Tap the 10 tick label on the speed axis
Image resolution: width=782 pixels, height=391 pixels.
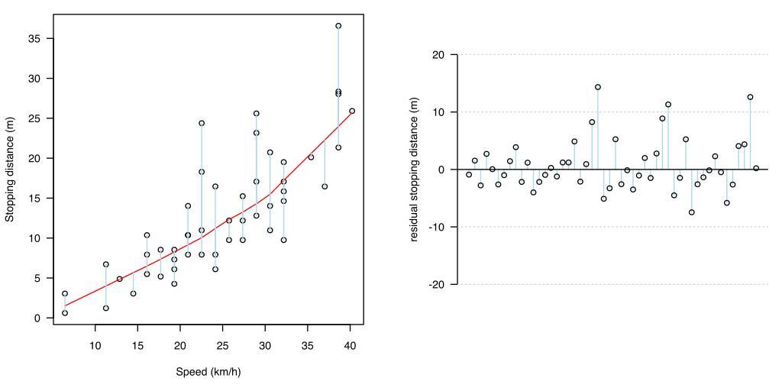pyautogui.click(x=95, y=346)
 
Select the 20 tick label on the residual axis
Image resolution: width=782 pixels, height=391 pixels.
pyautogui.click(x=438, y=55)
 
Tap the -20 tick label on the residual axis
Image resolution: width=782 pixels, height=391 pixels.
pyautogui.click(x=436, y=284)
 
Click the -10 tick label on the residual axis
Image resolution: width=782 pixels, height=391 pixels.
pyautogui.click(x=436, y=227)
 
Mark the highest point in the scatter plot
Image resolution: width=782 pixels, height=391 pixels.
pyautogui.click(x=338, y=26)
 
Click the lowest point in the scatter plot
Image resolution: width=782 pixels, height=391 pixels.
pyautogui.click(x=65, y=313)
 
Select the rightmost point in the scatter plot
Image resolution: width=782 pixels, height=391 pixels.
pyautogui.click(x=352, y=111)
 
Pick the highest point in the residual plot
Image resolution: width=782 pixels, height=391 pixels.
pyautogui.click(x=598, y=87)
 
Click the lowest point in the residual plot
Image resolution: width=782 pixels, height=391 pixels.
pyautogui.click(x=692, y=212)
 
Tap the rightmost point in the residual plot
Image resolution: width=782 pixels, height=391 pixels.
pyautogui.click(x=756, y=169)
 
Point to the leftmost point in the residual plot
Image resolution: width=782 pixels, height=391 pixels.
pyautogui.click(x=469, y=175)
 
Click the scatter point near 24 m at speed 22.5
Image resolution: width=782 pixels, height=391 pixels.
pyautogui.click(x=202, y=123)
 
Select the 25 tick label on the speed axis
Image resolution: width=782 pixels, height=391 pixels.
pyautogui.click(x=223, y=346)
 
